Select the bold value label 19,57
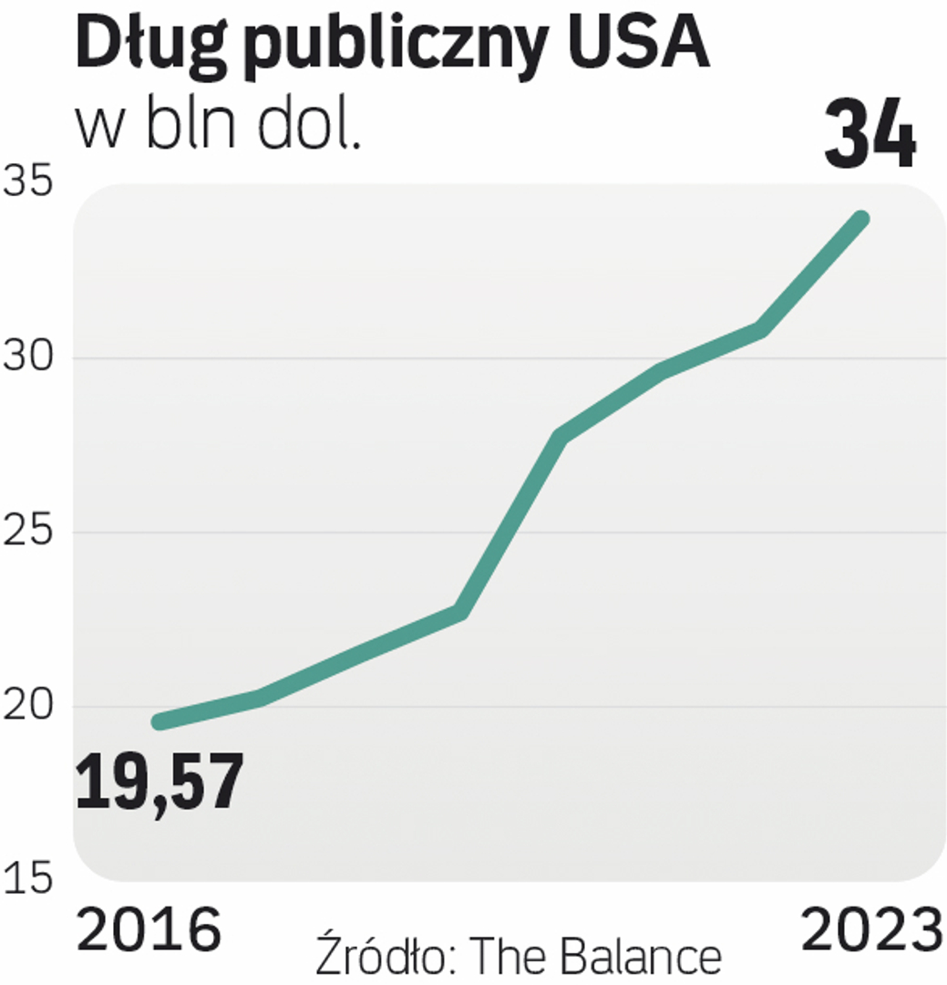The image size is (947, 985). pos(160,783)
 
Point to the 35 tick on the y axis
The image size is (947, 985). pos(27,182)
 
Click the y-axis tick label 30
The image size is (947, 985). pos(27,358)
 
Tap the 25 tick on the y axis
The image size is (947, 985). pos(27,532)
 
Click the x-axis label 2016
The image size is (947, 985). pos(149,931)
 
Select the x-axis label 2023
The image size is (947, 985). pos(870,931)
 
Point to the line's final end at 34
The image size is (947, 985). pos(860,219)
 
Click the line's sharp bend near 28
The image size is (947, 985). pos(561,436)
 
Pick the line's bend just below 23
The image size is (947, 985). pos(460,612)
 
